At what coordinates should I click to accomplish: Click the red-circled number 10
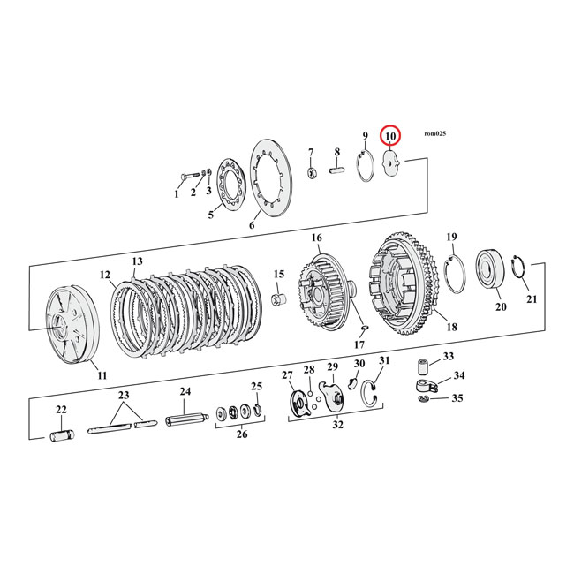coord(389,136)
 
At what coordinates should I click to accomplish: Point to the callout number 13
coord(137,262)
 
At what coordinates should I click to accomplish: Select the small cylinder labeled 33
coord(423,364)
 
